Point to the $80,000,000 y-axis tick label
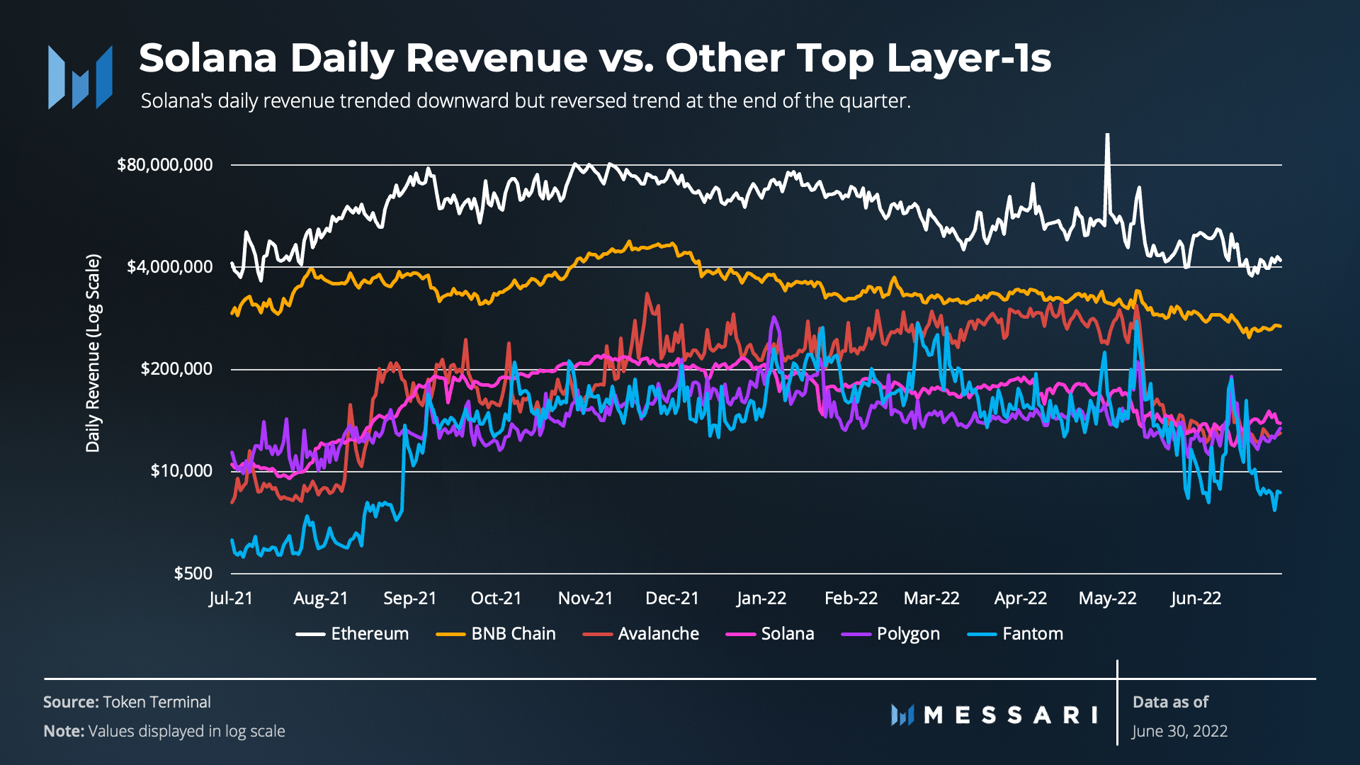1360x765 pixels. point(164,165)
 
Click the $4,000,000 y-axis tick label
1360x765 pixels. point(169,267)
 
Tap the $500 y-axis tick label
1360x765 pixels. point(193,573)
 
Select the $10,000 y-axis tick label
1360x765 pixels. point(181,471)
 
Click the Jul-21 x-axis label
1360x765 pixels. point(231,599)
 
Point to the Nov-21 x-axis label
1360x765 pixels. point(585,599)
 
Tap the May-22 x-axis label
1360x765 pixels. point(1107,599)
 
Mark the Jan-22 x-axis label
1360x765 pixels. point(761,599)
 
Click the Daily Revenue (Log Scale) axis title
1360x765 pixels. point(93,353)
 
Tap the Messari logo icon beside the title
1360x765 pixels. point(80,77)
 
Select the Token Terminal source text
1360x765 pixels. point(157,702)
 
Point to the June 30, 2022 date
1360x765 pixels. point(1179,731)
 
